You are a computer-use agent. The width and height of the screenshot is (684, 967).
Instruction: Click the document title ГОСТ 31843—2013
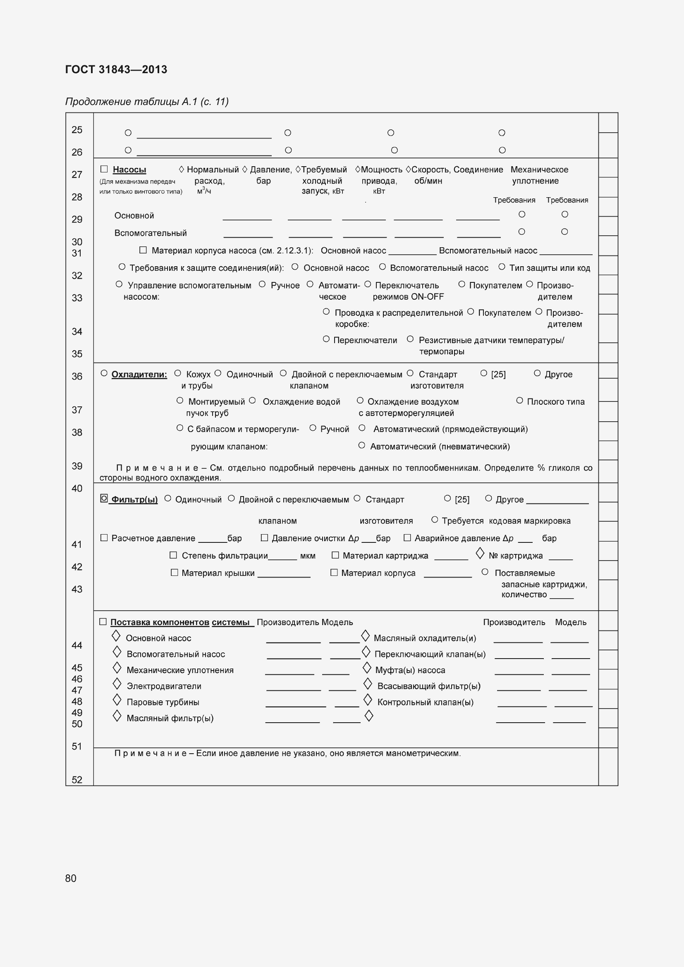(x=116, y=69)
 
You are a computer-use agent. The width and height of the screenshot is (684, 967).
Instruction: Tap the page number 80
(x=71, y=878)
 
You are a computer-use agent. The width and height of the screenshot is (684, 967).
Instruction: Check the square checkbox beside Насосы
(x=104, y=169)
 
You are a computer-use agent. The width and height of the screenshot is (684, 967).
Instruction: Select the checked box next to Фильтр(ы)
(x=104, y=498)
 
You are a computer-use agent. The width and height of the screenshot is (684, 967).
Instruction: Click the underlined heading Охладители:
(x=139, y=375)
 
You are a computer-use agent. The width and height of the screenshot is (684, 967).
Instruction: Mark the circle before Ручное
(x=262, y=284)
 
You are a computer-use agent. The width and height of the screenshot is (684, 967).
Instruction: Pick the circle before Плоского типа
(x=520, y=401)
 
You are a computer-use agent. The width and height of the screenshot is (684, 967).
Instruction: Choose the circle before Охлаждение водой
(x=252, y=401)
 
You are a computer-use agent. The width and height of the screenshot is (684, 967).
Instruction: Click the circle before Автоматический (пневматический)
(x=361, y=445)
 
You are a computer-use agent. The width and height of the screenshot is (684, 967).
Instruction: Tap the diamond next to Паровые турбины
(x=117, y=700)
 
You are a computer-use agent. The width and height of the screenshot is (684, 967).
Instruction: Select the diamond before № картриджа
(x=480, y=554)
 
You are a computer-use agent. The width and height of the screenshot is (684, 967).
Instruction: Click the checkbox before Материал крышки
(x=175, y=572)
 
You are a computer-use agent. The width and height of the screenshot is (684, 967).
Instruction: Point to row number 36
(x=77, y=377)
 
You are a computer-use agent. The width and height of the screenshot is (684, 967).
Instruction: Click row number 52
(x=77, y=780)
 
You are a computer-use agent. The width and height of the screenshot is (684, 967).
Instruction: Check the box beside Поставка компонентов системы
(x=103, y=622)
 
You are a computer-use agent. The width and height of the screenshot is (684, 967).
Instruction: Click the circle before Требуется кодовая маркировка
(x=435, y=520)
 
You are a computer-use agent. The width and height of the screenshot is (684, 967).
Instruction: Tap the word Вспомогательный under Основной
(x=151, y=233)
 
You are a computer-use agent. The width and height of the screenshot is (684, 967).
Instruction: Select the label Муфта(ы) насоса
(x=410, y=670)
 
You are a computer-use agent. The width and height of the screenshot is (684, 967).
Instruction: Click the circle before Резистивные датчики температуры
(x=410, y=339)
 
